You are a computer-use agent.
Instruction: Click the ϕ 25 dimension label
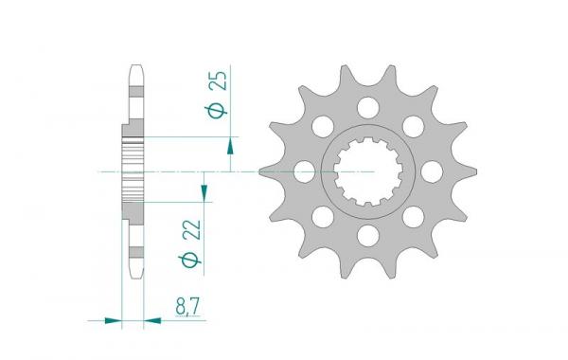point(218,95)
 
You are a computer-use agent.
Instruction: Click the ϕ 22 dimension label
point(190,243)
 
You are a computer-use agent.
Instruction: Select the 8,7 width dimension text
point(187,308)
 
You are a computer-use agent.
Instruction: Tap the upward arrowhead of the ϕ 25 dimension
point(230,147)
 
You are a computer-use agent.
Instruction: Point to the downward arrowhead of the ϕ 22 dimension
point(204,191)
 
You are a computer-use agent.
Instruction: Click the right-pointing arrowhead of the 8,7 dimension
point(113,320)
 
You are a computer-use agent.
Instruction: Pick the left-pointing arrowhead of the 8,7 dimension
point(152,320)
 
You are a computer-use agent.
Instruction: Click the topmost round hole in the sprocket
point(367,108)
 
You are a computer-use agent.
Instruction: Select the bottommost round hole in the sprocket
point(367,235)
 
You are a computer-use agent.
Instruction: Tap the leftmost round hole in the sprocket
point(304,171)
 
